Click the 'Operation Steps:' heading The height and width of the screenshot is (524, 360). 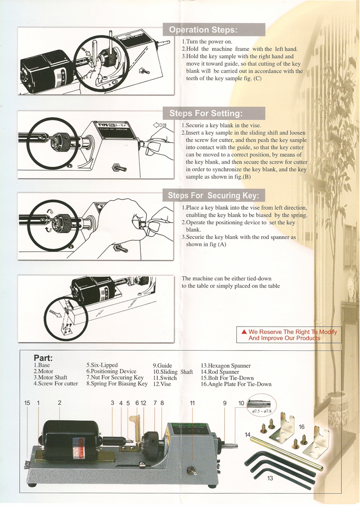[x=203, y=30]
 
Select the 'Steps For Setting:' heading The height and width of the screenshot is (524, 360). [x=206, y=113]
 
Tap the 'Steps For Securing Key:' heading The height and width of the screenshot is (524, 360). [x=214, y=195]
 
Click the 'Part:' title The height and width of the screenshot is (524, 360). [x=43, y=358]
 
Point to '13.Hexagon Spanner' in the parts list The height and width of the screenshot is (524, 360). [x=226, y=366]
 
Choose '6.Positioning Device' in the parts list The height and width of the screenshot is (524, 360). [x=111, y=371]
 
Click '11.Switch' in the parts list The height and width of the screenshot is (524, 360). [x=165, y=378]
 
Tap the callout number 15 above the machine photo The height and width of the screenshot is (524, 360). [x=27, y=403]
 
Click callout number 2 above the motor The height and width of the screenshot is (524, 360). [x=59, y=403]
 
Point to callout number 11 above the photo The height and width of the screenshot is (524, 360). [x=192, y=403]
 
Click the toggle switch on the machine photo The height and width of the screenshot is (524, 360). [x=192, y=471]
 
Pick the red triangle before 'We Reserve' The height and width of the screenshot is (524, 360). [x=244, y=332]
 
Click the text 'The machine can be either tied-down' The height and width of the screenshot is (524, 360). [x=226, y=279]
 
